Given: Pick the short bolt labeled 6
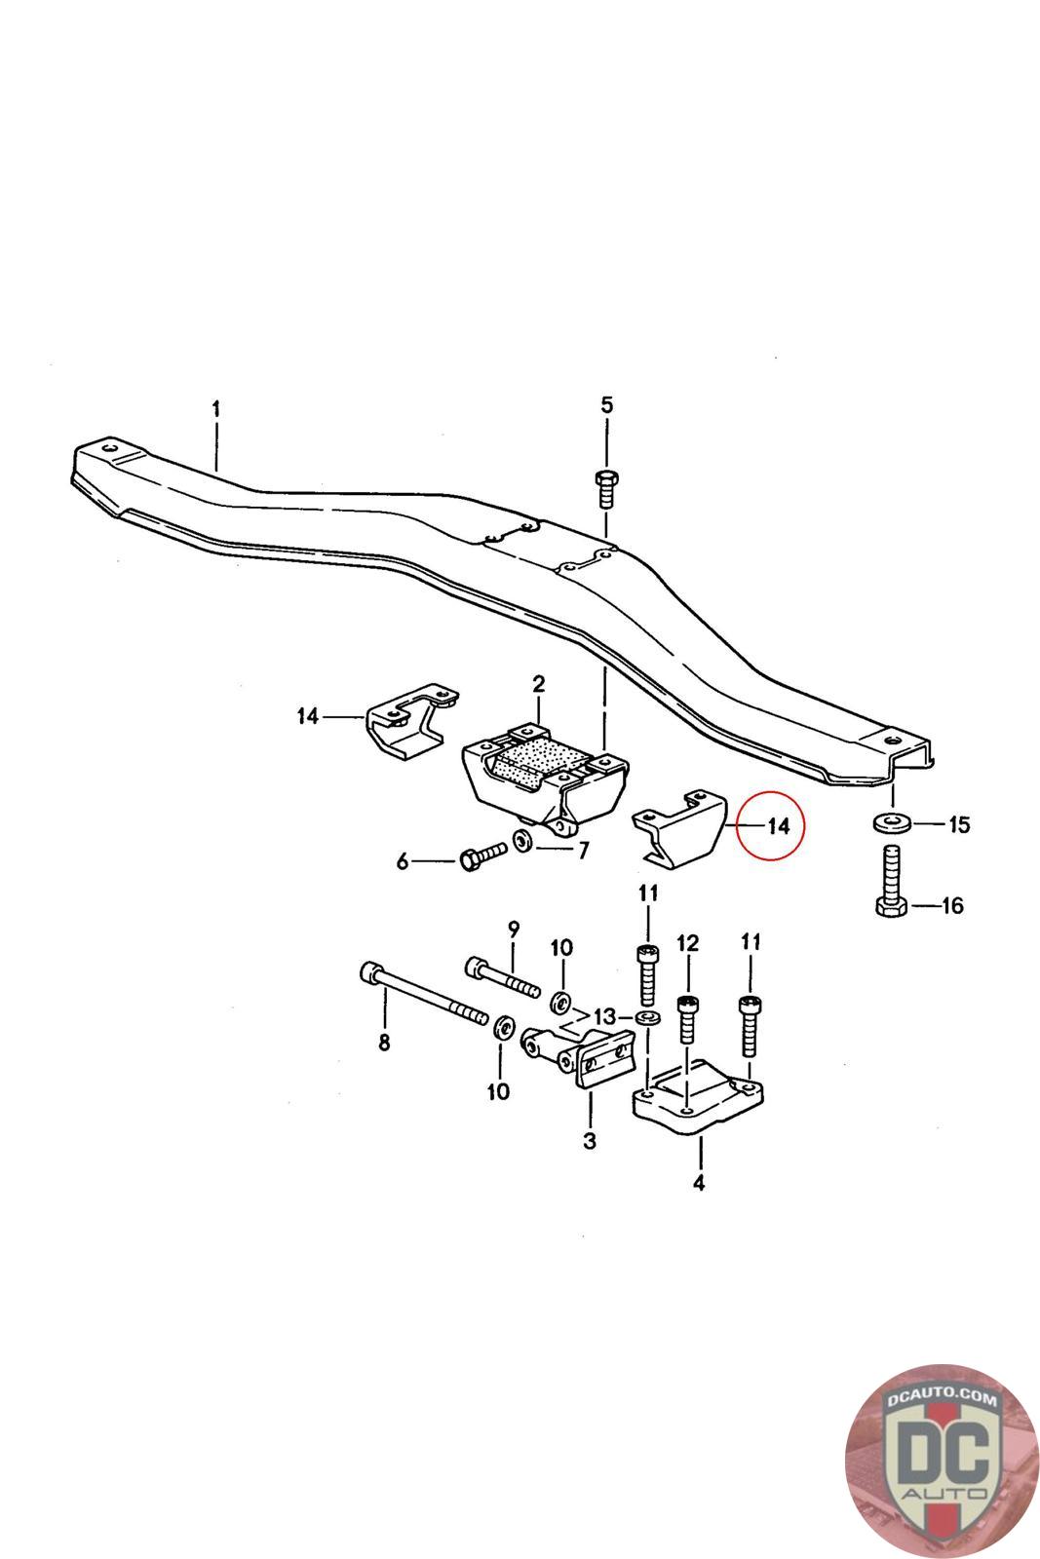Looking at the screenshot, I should click(481, 856).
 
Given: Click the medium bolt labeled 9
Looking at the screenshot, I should click(502, 976).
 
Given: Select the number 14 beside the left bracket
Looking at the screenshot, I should click(308, 717).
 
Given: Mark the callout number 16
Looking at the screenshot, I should click(951, 906).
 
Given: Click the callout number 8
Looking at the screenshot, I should click(384, 1043).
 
